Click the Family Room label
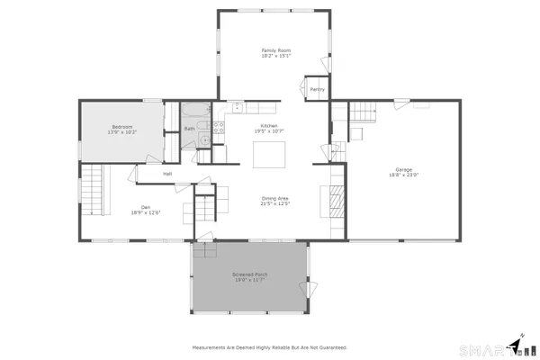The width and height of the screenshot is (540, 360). [276, 49]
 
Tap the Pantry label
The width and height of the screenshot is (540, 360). [317, 89]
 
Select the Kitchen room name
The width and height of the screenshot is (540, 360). [269, 125]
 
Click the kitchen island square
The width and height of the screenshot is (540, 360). [268, 156]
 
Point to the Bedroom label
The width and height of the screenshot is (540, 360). [122, 126]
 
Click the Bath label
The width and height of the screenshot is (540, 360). [190, 129]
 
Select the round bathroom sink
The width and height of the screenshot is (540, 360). [205, 139]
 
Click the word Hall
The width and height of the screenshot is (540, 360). [167, 174]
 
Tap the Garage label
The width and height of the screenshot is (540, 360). [403, 169]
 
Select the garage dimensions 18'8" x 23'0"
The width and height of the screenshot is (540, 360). [403, 175]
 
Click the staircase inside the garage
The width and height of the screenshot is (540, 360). [362, 112]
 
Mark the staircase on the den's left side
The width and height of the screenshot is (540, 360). [94, 190]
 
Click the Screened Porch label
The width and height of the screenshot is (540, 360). [250, 273]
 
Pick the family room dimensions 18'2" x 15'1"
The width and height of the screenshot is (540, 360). [276, 56]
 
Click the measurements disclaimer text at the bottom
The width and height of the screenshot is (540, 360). [269, 346]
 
